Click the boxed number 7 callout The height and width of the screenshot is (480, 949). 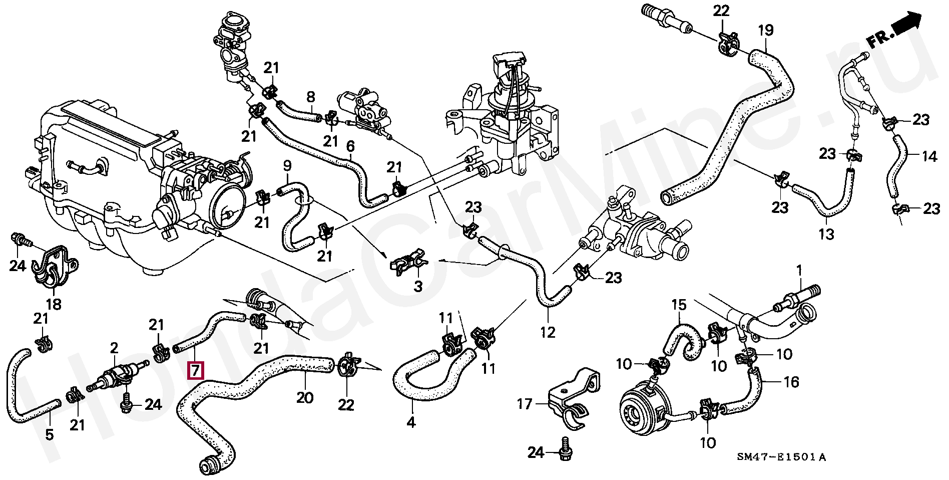coord(195,371)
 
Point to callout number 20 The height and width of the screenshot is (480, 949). coord(305,398)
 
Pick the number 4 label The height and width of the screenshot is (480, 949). coord(410,423)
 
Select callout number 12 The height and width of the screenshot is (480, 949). coord(548,332)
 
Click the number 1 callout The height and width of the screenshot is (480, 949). coord(799,271)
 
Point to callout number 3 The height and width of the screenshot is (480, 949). coord(418,287)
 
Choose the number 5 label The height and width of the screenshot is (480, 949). coord(49,434)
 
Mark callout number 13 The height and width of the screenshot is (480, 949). coord(827,233)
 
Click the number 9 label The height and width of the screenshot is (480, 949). coord(287,165)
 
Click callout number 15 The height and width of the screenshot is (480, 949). coord(678,304)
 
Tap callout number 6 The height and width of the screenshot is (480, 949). coord(350,147)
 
